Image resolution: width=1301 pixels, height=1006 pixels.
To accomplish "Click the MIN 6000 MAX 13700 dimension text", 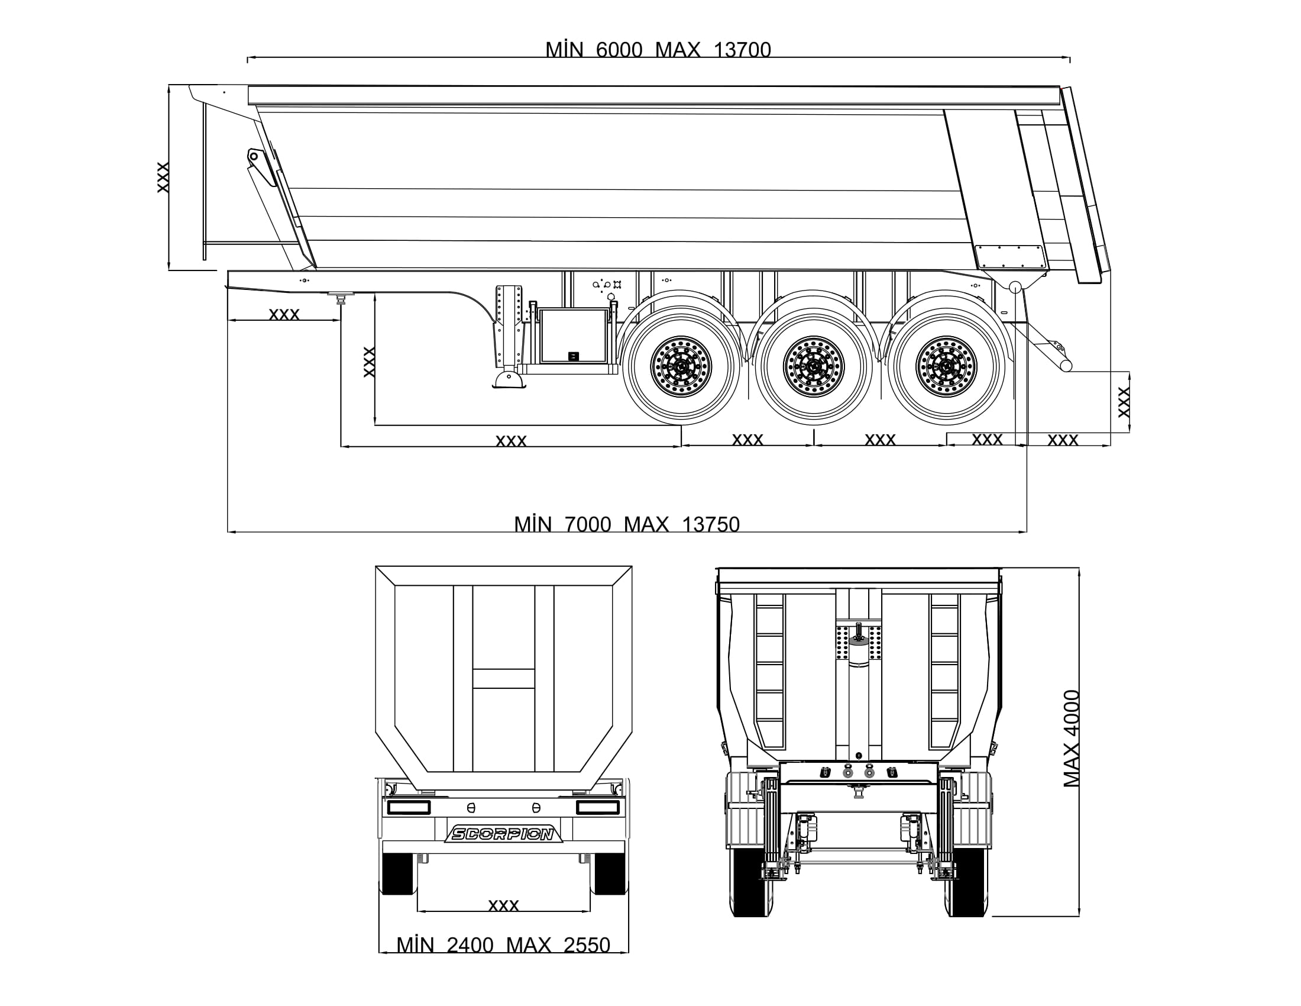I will [x=658, y=50].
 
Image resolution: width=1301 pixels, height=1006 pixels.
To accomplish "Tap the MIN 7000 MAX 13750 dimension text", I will [x=627, y=524].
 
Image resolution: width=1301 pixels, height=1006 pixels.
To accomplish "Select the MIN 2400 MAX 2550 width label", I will [x=503, y=945].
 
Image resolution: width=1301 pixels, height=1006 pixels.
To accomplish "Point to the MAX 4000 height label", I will [x=1072, y=739].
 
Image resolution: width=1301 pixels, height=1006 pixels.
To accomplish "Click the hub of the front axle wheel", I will [x=681, y=366].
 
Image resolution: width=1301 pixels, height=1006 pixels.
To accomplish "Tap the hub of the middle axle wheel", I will [x=814, y=366].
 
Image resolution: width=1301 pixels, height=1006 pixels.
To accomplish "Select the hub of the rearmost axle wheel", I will [x=946, y=366].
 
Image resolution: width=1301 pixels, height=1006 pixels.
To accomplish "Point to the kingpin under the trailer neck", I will [x=341, y=298].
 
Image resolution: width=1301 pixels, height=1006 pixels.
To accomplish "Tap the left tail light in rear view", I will [x=409, y=808].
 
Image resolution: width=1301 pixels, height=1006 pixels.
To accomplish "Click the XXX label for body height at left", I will [x=163, y=177].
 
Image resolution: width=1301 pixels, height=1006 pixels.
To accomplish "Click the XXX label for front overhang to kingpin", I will [x=284, y=314].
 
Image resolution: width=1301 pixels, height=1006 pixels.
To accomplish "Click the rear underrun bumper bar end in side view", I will [x=1066, y=365].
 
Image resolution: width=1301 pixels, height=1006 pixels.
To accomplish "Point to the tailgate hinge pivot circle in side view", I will [x=1015, y=286].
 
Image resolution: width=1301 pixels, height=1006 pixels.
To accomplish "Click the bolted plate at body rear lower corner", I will [x=1011, y=257].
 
